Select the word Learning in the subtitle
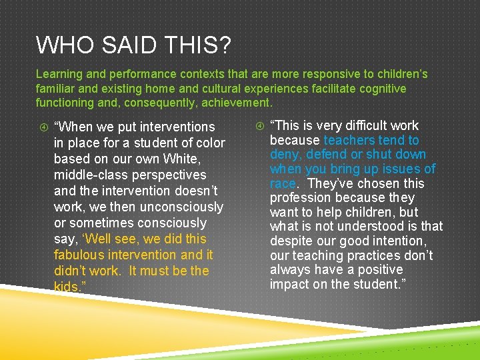click(60, 74)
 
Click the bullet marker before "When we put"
click(41, 127)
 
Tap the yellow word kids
click(67, 287)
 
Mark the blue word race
click(283, 183)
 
